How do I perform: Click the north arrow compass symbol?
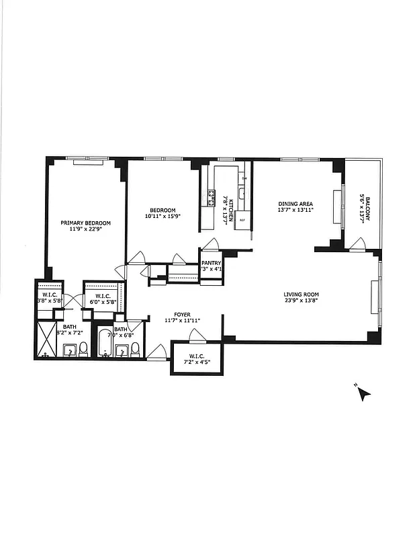363,393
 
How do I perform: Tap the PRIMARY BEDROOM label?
85,223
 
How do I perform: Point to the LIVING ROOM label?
300,294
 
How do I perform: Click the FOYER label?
183,314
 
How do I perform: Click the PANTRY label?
212,263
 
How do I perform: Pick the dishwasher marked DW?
244,178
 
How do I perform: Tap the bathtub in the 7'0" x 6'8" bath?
105,343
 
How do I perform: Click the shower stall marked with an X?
47,340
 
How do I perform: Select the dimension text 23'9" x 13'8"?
300,301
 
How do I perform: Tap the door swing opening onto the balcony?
357,243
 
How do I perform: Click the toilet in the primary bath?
83,348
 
